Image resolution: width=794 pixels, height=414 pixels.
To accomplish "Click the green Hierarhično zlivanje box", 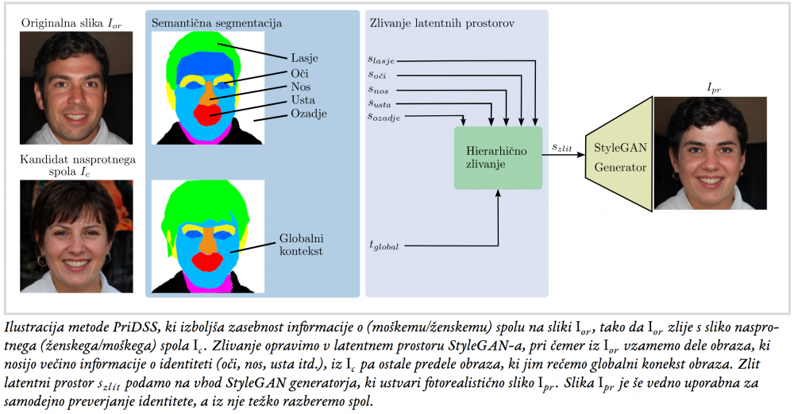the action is coord(498,157).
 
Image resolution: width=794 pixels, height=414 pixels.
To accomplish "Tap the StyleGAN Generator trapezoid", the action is coord(619,153).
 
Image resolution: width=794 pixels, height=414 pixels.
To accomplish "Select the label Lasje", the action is coord(304,58).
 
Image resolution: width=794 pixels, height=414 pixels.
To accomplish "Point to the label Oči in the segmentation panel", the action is coord(299,73).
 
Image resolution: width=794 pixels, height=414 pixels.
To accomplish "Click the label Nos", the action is coord(301,87).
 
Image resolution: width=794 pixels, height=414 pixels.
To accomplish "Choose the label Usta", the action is coord(303,100).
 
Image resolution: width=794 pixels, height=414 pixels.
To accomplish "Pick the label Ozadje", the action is coord(308,114).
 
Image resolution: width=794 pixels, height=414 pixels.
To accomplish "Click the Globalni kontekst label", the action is coord(301,244).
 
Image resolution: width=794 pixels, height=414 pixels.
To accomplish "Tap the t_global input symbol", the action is coord(384,246).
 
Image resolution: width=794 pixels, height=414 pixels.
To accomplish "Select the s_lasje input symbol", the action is coord(381,60).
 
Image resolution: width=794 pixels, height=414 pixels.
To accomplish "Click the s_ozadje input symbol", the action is coord(384,117).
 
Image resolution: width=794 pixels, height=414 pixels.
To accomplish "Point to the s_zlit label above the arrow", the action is coord(562,148).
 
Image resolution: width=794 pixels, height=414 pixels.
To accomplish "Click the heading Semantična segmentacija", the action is coord(217,23).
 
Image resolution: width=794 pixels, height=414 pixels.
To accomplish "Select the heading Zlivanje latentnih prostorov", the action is coord(442,23).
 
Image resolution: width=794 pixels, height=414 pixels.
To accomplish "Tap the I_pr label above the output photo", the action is coord(714,88).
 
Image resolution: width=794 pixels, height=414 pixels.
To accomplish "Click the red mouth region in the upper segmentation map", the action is coord(205,115).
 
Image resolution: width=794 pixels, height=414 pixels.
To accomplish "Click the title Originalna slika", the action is coord(63,23).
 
